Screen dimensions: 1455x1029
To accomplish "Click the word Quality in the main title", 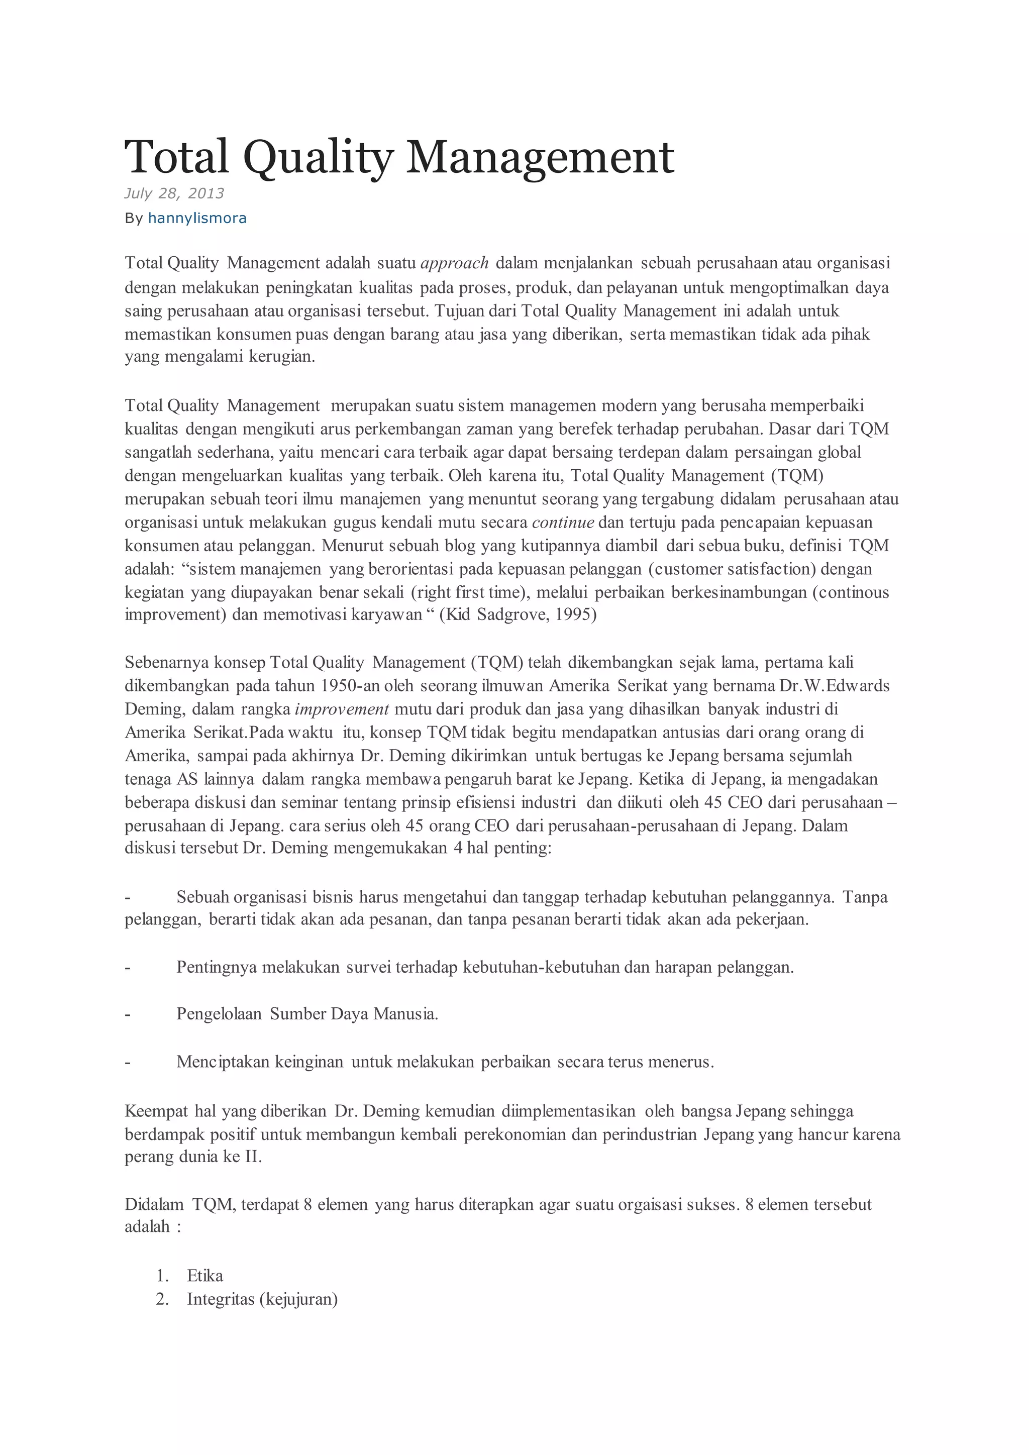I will click(318, 157).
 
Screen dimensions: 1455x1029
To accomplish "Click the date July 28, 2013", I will click(174, 193).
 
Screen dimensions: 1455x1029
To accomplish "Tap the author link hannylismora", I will click(196, 218).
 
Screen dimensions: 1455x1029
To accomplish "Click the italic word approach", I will click(454, 263).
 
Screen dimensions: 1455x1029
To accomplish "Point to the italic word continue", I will click(563, 523).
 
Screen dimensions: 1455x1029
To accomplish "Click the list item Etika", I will click(204, 1276).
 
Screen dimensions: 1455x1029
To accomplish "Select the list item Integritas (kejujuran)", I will click(262, 1299).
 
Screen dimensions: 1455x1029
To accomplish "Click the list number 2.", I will click(162, 1299).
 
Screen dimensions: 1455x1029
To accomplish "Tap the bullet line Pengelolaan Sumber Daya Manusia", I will click(307, 1014).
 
